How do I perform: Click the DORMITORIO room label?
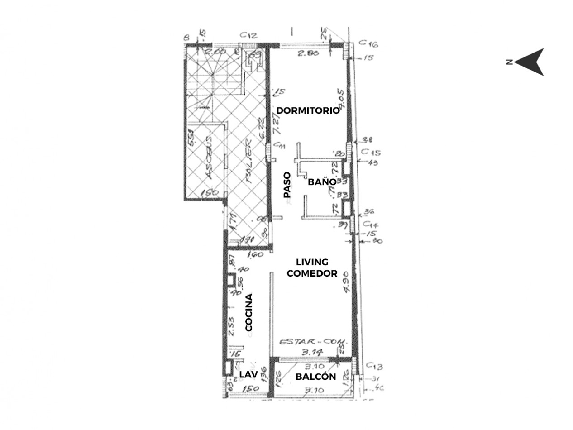(308, 110)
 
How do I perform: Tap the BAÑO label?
(322, 182)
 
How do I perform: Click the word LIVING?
(312, 262)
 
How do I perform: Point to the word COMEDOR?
(312, 273)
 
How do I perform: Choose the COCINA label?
(248, 312)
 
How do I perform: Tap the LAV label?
(248, 374)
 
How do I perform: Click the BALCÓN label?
(315, 377)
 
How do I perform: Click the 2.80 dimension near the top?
(308, 53)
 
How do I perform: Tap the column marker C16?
(368, 43)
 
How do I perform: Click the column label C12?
(248, 35)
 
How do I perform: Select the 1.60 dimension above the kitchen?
(256, 255)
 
